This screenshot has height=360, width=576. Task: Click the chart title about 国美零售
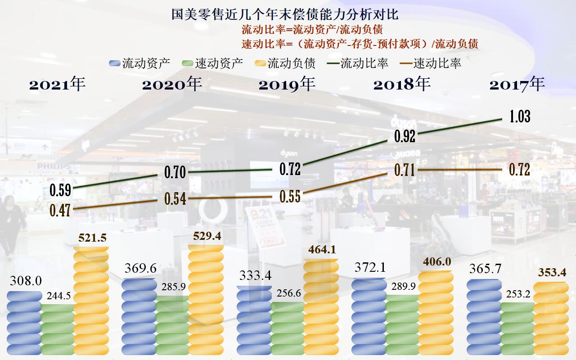[x=285, y=14]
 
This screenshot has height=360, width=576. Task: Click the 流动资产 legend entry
[x=139, y=63]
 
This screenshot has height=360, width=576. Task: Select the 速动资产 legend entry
[x=212, y=63]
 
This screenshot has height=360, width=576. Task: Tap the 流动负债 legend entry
[x=285, y=63]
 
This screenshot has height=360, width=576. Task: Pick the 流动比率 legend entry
[x=358, y=63]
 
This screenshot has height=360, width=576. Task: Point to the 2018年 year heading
[x=402, y=84]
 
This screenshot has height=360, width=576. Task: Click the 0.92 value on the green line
[x=405, y=136]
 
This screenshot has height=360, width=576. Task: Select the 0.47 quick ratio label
[x=60, y=210]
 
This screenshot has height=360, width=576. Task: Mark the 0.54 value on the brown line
[x=175, y=198]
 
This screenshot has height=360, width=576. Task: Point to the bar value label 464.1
[x=321, y=250]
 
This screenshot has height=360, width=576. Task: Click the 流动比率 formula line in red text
[x=312, y=30]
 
